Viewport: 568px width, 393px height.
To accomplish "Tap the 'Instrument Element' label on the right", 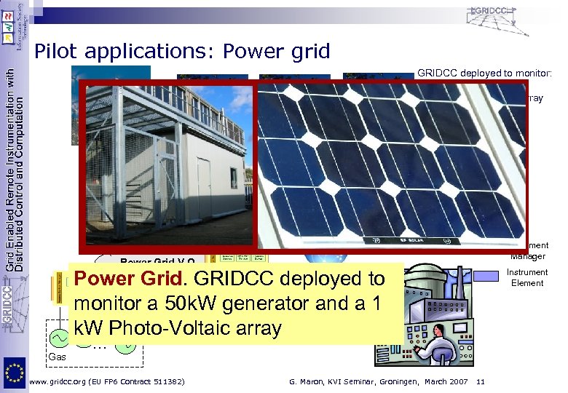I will [x=527, y=278].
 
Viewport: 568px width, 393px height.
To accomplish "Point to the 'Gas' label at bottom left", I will [x=57, y=357].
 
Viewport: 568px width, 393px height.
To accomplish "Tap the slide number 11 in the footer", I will [x=480, y=382].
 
